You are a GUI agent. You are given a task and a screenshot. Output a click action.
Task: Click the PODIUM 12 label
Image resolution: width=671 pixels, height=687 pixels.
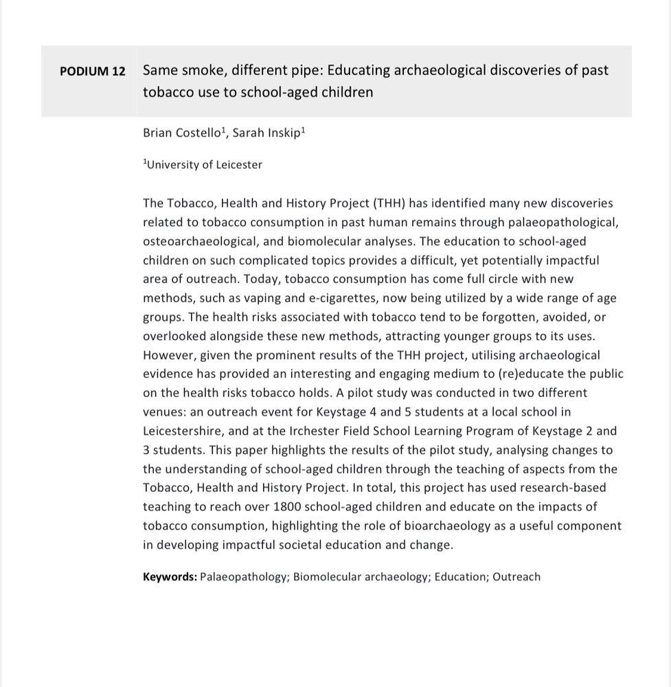(x=93, y=71)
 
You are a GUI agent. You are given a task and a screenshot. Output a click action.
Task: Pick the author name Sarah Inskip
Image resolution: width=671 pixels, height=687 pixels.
(x=266, y=133)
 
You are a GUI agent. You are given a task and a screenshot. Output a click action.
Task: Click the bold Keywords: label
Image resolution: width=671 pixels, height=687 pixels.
(x=170, y=577)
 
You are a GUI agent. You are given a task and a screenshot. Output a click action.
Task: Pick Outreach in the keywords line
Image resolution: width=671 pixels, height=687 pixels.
(x=516, y=577)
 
